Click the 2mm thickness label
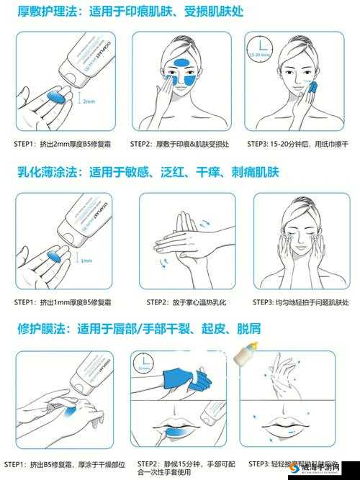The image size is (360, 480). [89, 101]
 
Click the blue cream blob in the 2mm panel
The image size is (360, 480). [55, 96]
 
